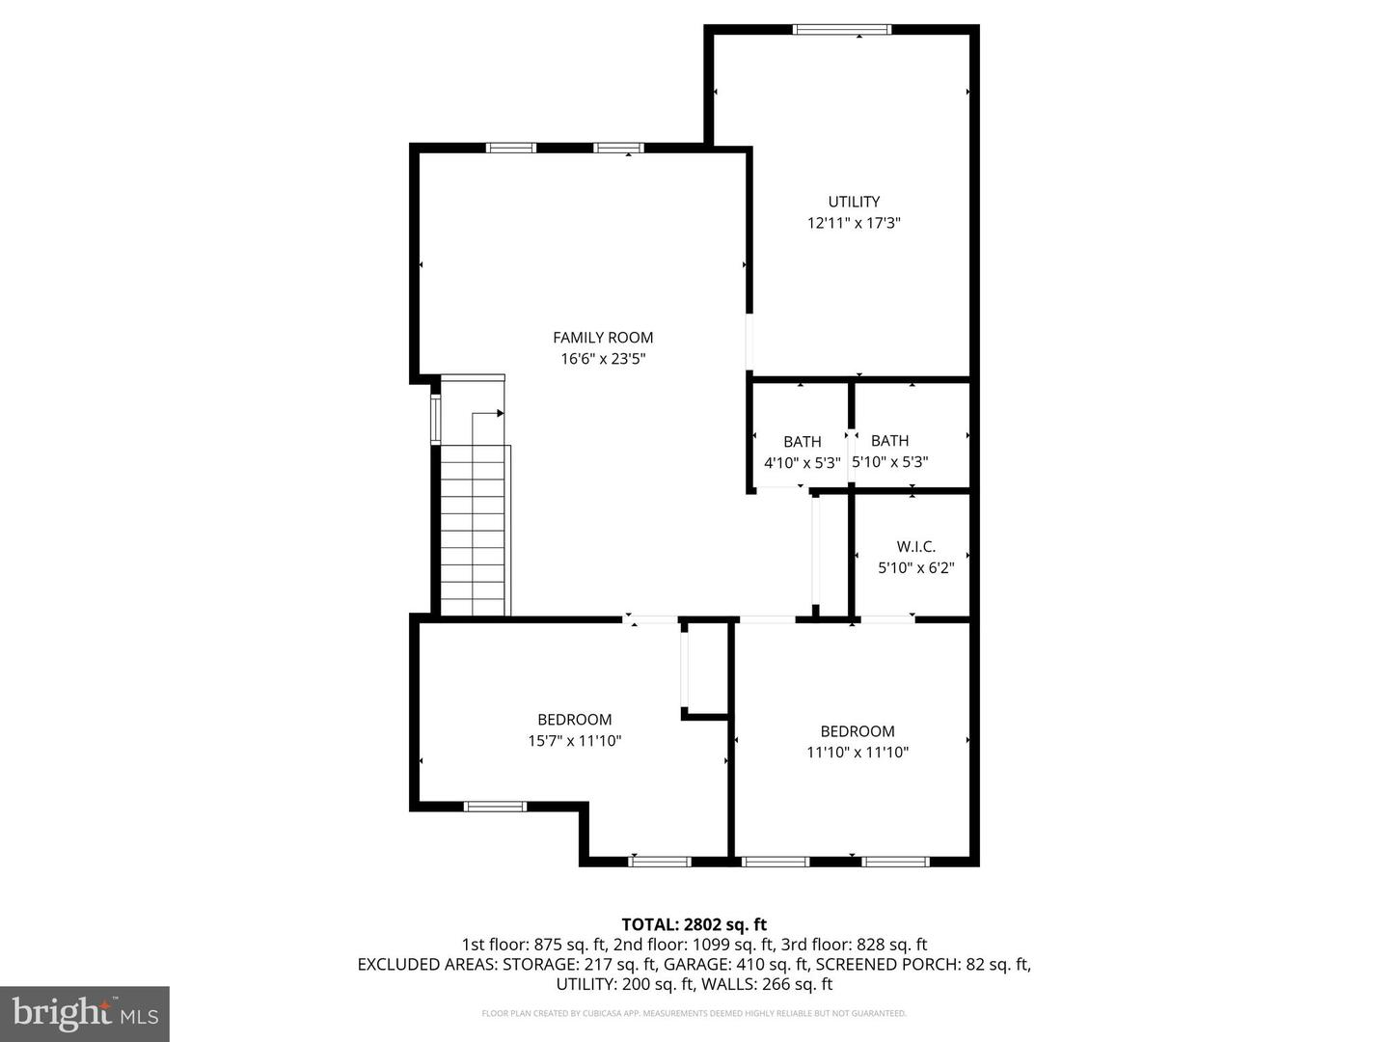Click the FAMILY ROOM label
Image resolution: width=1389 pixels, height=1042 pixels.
click(x=603, y=338)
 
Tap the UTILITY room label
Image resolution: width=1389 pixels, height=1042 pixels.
click(x=854, y=202)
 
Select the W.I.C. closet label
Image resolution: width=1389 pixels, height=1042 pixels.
click(x=915, y=547)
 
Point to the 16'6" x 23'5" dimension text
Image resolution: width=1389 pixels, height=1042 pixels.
click(x=603, y=359)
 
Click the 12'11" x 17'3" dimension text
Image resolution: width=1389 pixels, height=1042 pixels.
click(x=854, y=223)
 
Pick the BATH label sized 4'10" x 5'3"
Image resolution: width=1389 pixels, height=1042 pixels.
click(x=802, y=442)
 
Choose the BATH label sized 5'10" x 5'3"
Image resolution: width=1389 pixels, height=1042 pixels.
click(x=889, y=441)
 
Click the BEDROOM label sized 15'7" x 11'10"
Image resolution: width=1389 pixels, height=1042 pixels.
click(x=574, y=720)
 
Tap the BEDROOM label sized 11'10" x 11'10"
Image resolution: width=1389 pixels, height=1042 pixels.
click(x=857, y=731)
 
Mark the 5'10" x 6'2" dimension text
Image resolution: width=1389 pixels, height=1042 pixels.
click(x=915, y=568)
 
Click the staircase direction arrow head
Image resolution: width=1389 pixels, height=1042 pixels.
click(x=500, y=413)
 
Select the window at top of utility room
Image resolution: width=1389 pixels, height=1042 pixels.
click(x=841, y=30)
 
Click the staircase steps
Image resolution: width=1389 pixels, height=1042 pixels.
click(x=474, y=531)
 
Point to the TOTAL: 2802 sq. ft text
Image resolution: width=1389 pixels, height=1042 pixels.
click(x=694, y=924)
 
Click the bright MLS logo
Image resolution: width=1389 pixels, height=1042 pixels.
click(x=85, y=1013)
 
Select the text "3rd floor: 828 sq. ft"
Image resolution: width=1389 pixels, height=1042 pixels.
click(x=852, y=945)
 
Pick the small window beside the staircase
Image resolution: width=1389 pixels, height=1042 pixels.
click(x=435, y=419)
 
